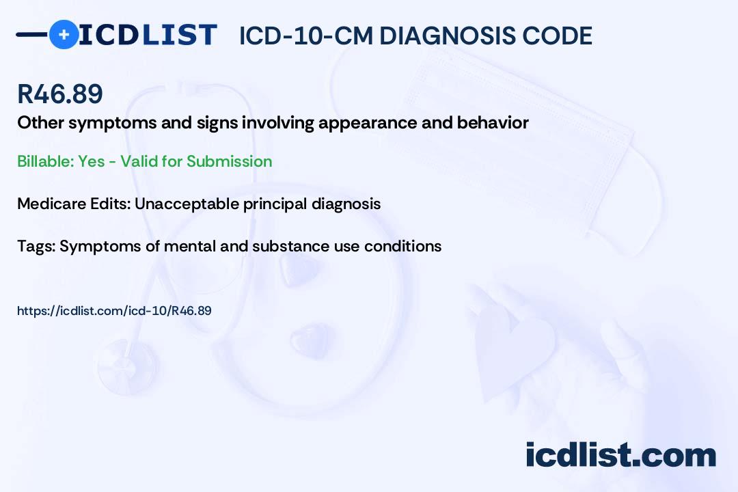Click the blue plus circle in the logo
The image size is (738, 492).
(64, 34)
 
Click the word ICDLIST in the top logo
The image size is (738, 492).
(148, 35)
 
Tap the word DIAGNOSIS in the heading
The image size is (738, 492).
(441, 36)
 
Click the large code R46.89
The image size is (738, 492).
(60, 94)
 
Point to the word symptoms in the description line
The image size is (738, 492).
(113, 123)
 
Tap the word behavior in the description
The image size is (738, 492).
(493, 122)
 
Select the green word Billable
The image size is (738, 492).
(46, 161)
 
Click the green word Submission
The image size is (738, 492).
(229, 161)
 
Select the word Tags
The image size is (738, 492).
(36, 246)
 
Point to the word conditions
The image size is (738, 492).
(403, 246)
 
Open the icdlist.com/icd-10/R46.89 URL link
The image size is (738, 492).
(114, 311)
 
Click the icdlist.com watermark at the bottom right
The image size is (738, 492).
(620, 454)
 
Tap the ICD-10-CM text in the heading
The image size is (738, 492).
(306, 36)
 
